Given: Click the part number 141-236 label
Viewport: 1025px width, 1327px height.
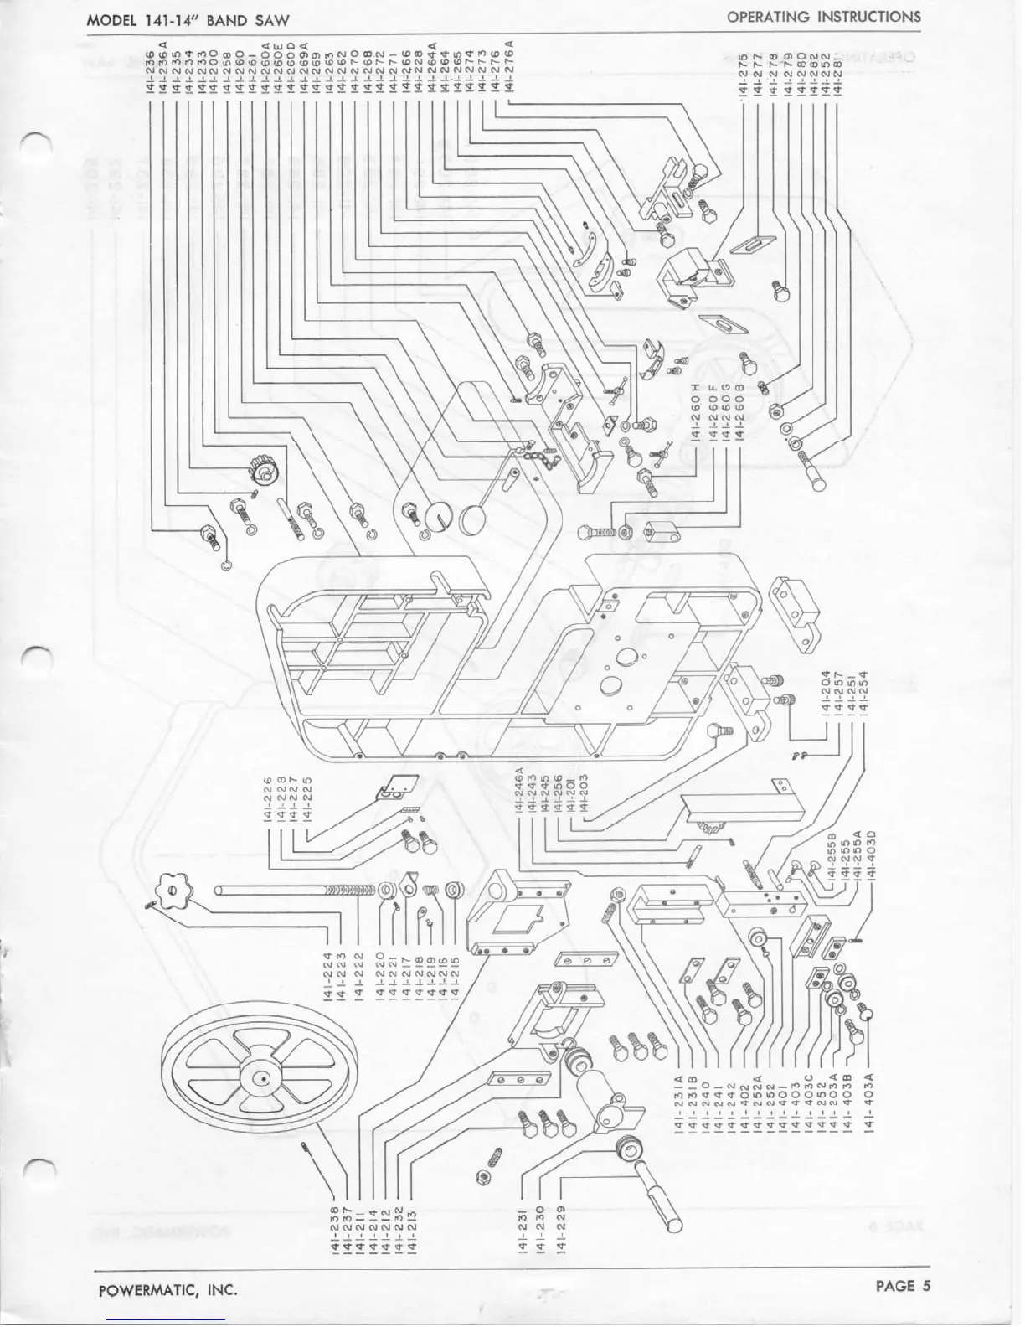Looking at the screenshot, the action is pyautogui.click(x=153, y=68).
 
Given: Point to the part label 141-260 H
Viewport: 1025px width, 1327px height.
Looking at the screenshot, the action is pyautogui.click(x=697, y=412).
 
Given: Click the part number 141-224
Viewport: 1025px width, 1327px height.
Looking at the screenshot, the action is pyautogui.click(x=327, y=975).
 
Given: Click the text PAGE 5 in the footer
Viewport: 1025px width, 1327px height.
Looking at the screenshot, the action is pyautogui.click(x=903, y=1287).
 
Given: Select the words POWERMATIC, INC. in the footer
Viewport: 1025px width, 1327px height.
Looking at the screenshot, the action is pyautogui.click(x=167, y=1289).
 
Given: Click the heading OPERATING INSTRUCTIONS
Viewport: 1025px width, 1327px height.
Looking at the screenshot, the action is pyautogui.click(x=823, y=16).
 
